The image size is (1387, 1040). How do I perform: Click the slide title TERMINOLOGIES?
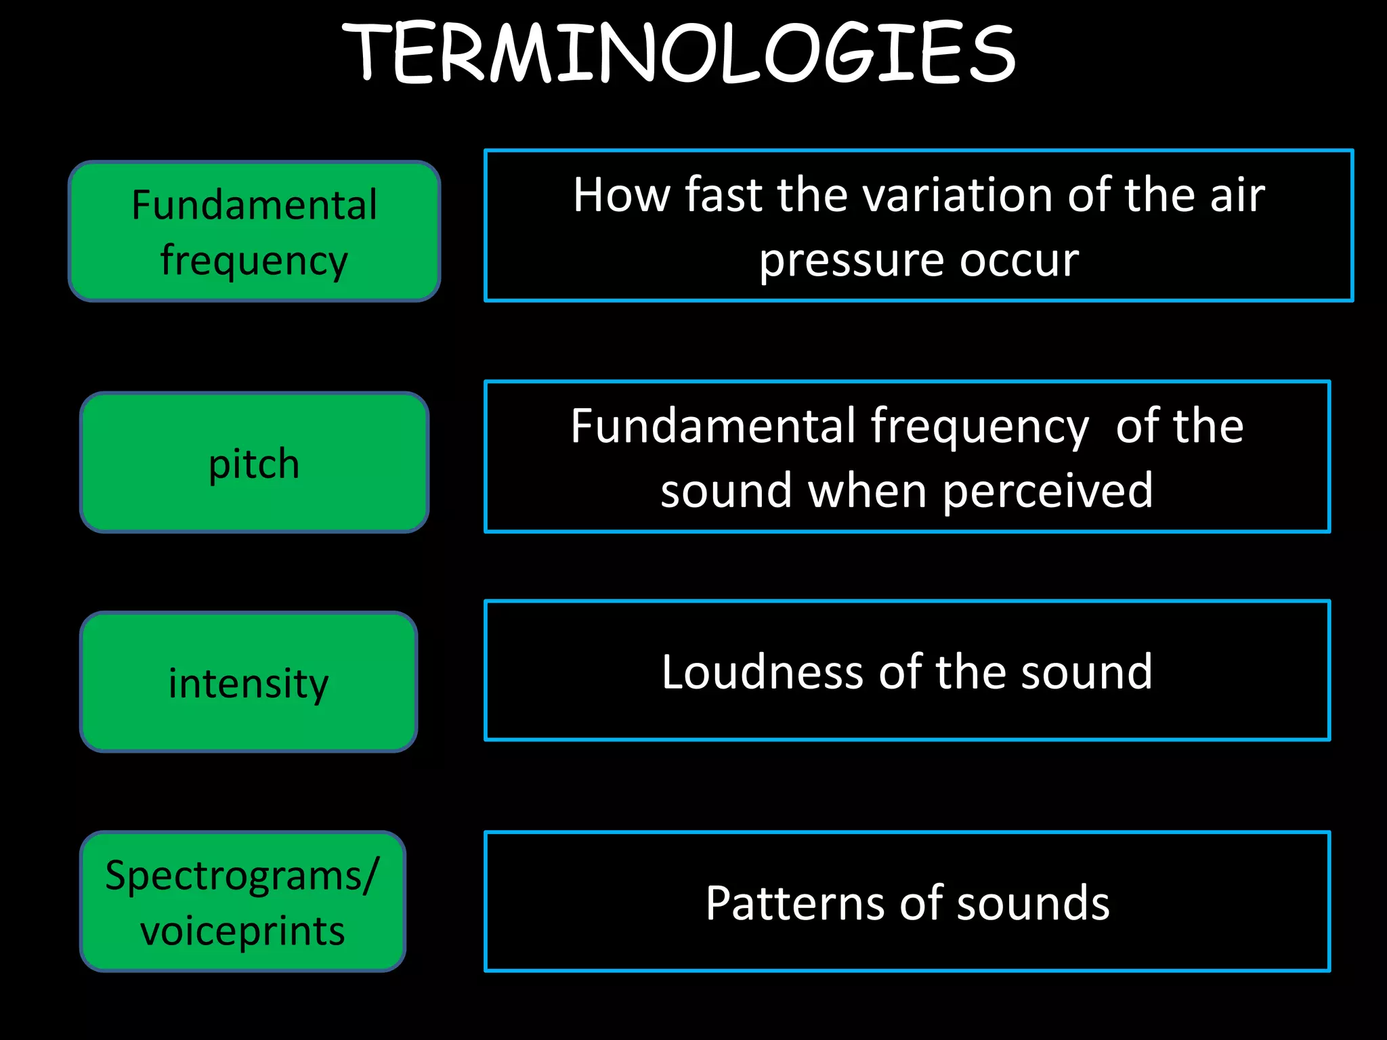pyautogui.click(x=679, y=53)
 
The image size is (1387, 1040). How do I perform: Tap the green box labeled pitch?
pyautogui.click(x=254, y=463)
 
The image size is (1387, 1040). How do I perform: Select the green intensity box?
pyautogui.click(x=249, y=682)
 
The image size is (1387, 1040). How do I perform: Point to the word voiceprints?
pyautogui.click(x=242, y=930)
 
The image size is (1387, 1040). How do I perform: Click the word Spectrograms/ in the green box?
pyautogui.click(x=242, y=875)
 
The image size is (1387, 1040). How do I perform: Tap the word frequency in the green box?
pyautogui.click(x=254, y=261)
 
